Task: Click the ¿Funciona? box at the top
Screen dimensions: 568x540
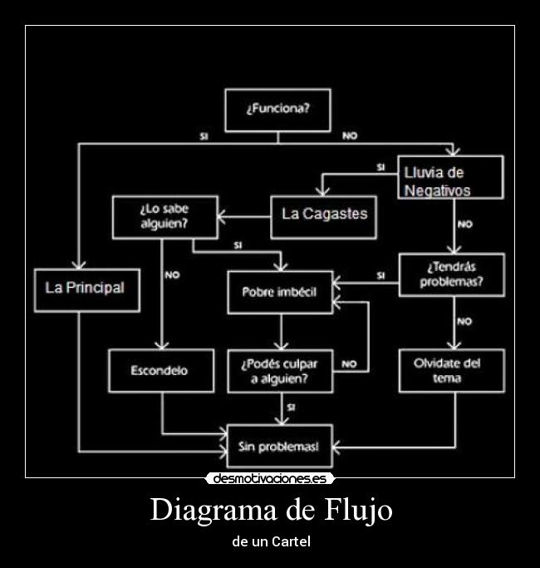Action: [277, 110]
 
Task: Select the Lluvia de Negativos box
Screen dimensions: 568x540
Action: [449, 177]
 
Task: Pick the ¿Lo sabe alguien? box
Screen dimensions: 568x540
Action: [164, 217]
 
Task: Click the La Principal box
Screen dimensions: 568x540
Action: [86, 289]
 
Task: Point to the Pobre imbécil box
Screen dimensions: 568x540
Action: [280, 292]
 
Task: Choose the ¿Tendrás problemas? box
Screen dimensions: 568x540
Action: [451, 274]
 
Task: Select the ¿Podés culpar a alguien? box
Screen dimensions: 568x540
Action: [280, 371]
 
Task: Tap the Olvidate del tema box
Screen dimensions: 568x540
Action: [451, 371]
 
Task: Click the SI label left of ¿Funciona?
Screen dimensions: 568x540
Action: [204, 136]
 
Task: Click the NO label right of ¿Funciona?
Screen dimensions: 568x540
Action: [350, 136]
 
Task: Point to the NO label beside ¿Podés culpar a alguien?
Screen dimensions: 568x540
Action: [349, 363]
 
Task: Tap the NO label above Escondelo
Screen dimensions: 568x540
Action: [172, 274]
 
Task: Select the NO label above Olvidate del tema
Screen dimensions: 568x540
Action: [464, 321]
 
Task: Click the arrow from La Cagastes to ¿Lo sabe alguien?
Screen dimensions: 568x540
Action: [244, 217]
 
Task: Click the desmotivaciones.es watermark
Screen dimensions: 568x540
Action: [270, 479]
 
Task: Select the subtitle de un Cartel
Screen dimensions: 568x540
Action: [270, 541]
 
